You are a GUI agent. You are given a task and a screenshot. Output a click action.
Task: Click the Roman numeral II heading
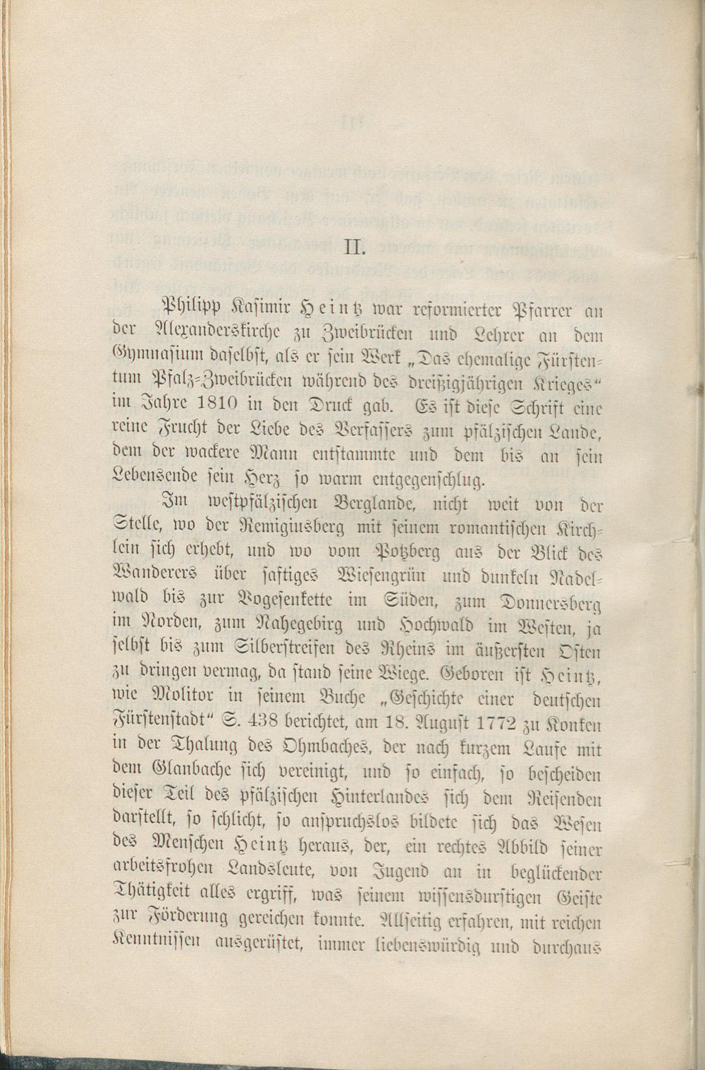point(352,248)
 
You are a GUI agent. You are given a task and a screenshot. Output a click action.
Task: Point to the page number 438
point(276,723)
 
